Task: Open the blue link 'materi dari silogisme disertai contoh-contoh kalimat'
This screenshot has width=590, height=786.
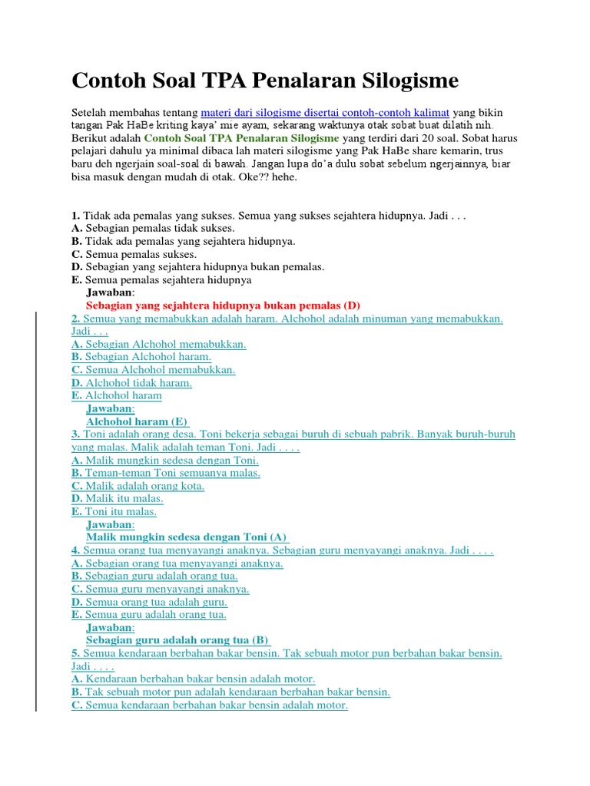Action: pos(325,112)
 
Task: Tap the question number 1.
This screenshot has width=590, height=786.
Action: pos(75,216)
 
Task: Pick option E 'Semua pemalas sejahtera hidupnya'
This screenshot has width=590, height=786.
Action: pos(161,279)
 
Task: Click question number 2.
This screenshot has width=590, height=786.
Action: pos(75,319)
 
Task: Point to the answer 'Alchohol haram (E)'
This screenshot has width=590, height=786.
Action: pos(137,421)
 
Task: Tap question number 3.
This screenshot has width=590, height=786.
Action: pos(75,434)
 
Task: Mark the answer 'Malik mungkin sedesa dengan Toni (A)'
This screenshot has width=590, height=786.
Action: pos(186,537)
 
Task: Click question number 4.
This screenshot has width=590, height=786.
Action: pos(75,550)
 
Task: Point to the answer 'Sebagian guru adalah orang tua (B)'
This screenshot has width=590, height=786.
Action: pos(177,640)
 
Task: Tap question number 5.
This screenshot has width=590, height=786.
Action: pos(75,653)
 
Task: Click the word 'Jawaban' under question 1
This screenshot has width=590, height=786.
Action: pos(110,292)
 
